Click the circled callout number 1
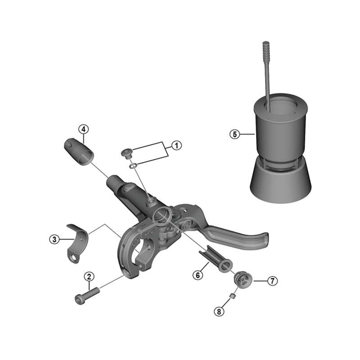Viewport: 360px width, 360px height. coord(176,145)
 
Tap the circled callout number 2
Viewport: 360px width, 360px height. coord(89,276)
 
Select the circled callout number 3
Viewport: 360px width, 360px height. coord(54,239)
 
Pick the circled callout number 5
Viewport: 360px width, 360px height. coord(234,134)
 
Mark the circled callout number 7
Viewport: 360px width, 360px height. coord(271,280)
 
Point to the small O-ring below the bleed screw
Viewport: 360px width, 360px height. coord(133,167)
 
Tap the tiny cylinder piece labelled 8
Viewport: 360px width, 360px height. coord(233,296)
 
